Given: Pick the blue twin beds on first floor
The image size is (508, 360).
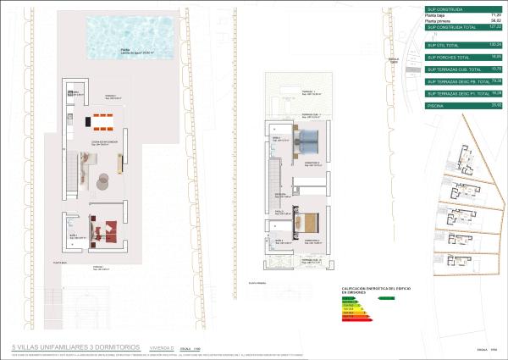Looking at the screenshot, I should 306,139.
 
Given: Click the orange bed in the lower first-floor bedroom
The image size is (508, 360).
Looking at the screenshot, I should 310,222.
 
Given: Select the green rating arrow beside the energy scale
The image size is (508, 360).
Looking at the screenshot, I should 387,298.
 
